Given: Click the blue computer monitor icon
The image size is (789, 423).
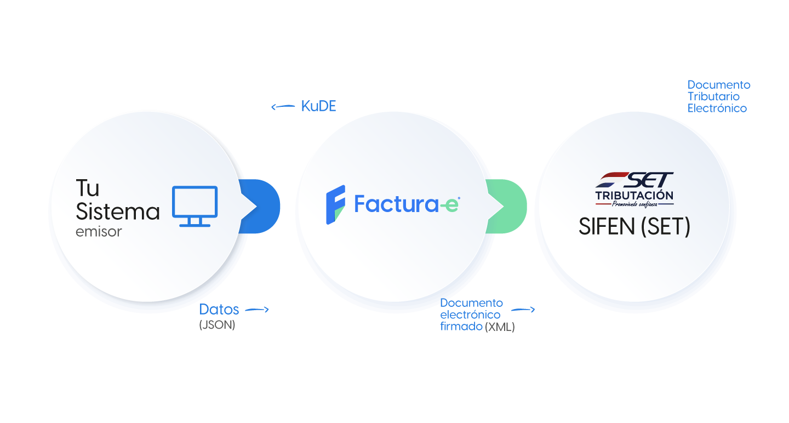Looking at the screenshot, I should (x=195, y=206).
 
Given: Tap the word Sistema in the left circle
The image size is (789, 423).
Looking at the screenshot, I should (x=118, y=211).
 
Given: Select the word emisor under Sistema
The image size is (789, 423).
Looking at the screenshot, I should (x=99, y=232).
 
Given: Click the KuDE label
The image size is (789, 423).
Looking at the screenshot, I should (x=318, y=106).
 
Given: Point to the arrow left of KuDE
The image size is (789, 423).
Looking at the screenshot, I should (x=283, y=107).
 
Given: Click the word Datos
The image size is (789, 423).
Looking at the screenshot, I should (x=219, y=309).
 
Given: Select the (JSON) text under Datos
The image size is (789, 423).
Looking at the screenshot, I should (x=217, y=325).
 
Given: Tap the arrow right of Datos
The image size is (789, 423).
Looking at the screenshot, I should (x=257, y=310).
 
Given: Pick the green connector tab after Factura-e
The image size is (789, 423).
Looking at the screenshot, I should (x=507, y=206).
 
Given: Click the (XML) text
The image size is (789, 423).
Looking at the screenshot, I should (x=500, y=328).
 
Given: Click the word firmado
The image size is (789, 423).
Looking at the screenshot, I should (x=461, y=327).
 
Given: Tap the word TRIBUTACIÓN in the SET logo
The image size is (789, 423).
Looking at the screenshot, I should (x=634, y=195).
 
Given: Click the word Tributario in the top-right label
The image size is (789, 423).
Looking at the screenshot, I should (x=713, y=96).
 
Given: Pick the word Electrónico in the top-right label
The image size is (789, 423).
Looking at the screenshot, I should (x=717, y=108).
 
